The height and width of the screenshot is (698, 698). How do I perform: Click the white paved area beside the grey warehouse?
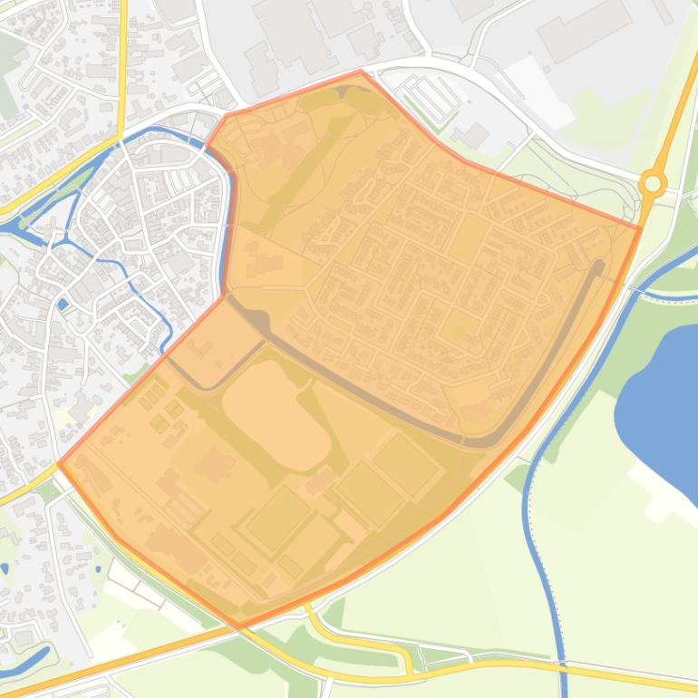tap(544, 91)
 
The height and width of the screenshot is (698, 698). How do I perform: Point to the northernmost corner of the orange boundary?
tap(361, 71)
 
